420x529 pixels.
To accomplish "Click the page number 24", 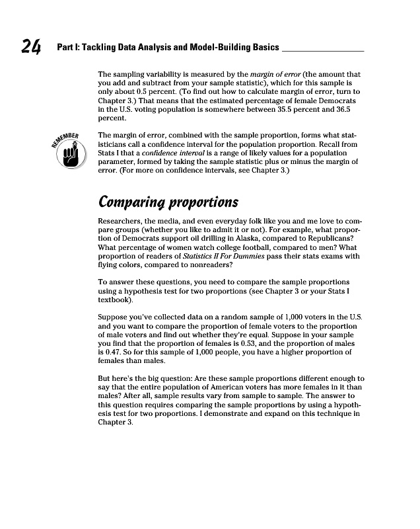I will pyautogui.click(x=30, y=46).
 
